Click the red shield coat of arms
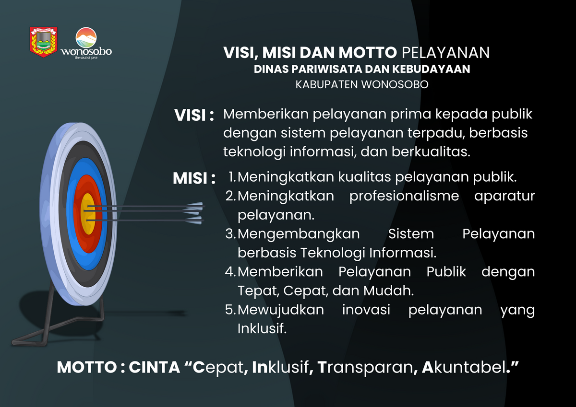pyautogui.click(x=44, y=42)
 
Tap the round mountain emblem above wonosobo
pyautogui.click(x=86, y=37)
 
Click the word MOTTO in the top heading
pyautogui.click(x=368, y=53)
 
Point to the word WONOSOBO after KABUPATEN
pyautogui.click(x=395, y=84)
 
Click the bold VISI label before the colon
pyautogui.click(x=190, y=115)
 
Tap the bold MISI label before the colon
pyautogui.click(x=190, y=178)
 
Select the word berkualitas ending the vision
pyautogui.click(x=431, y=152)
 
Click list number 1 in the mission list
pyautogui.click(x=232, y=177)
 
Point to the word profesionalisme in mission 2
pyautogui.click(x=404, y=197)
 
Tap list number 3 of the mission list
pyautogui.click(x=230, y=234)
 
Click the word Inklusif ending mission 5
pyautogui.click(x=262, y=328)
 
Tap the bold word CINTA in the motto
pyautogui.click(x=154, y=367)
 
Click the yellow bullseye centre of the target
pyautogui.click(x=88, y=214)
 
